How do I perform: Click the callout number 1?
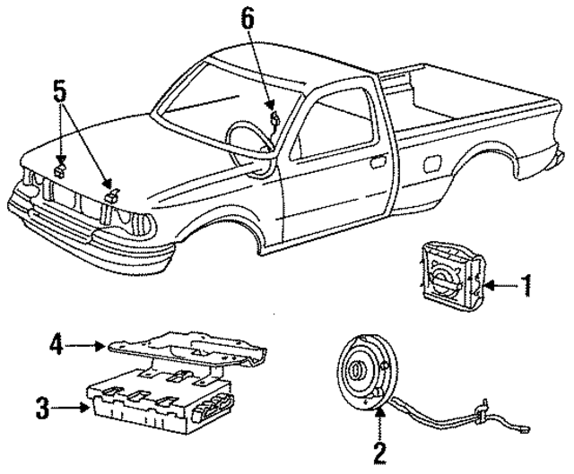(x=527, y=286)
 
